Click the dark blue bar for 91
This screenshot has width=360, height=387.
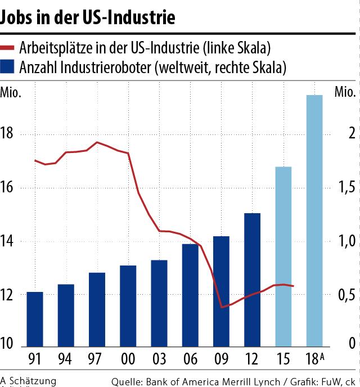click(35, 319)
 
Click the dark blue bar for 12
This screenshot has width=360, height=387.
click(253, 280)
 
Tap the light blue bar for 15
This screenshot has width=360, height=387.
click(283, 256)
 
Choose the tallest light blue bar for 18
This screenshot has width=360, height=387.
click(314, 220)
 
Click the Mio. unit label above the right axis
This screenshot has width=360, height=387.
click(344, 92)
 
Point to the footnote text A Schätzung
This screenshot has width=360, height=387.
click(29, 380)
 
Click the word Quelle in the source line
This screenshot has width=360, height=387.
click(127, 381)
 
